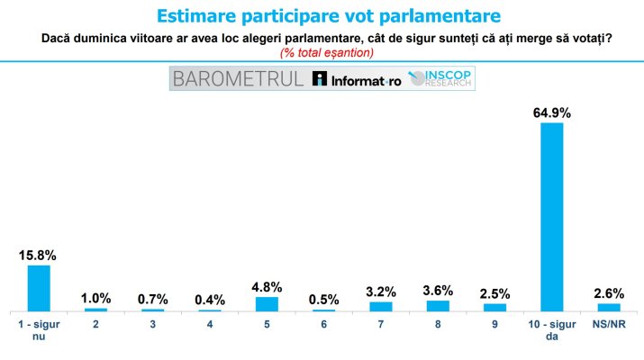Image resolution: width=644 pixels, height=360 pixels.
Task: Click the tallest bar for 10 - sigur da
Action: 552,216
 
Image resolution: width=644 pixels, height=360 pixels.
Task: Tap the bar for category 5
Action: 267,303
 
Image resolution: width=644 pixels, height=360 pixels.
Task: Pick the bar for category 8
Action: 438,306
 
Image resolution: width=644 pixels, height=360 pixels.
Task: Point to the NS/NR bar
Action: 609,307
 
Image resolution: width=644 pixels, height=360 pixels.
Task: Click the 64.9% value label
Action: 552,112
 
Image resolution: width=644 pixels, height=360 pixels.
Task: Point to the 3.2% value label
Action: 381,292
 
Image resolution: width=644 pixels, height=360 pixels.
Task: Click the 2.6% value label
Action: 609,293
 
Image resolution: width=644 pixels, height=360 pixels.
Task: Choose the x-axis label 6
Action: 324,325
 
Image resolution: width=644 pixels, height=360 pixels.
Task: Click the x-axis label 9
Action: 495,325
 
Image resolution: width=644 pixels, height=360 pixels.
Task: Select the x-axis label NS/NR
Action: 609,325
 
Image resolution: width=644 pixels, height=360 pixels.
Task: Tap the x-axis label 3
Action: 152,325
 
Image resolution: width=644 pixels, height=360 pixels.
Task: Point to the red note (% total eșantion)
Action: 322,52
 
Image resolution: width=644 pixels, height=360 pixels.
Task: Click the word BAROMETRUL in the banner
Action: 238,78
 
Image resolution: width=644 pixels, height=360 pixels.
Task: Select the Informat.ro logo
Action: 356,79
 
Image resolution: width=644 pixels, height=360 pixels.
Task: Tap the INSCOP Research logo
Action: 440,79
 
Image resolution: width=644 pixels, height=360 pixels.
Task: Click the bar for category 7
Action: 381,306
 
